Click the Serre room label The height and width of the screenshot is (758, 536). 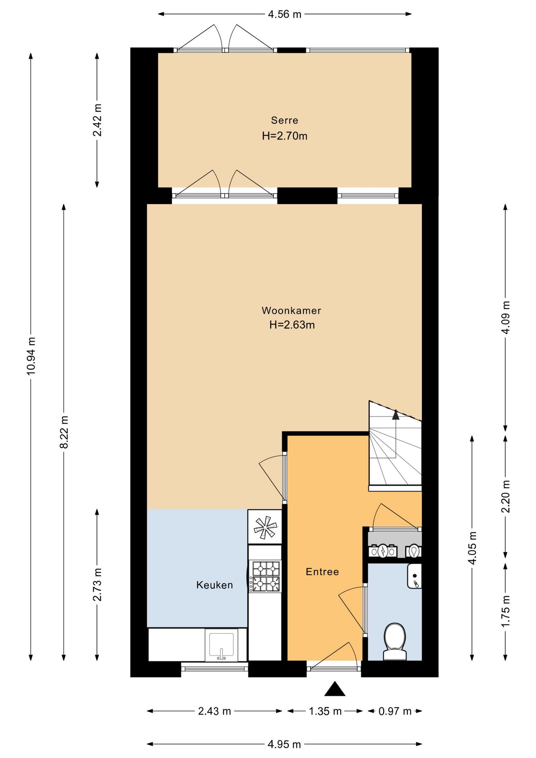pyautogui.click(x=284, y=120)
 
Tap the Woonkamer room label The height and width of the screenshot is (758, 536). pyautogui.click(x=291, y=310)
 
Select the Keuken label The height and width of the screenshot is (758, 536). pyautogui.click(x=214, y=585)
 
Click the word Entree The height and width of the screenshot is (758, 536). pyautogui.click(x=322, y=572)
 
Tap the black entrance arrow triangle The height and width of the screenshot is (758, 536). pyautogui.click(x=335, y=689)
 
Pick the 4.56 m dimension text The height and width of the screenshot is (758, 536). pyautogui.click(x=285, y=14)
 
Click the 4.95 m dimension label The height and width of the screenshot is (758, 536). pyautogui.click(x=284, y=744)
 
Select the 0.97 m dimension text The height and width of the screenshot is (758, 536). pyautogui.click(x=395, y=711)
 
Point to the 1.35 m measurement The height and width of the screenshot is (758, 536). pyautogui.click(x=325, y=711)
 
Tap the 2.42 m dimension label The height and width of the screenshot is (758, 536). pyautogui.click(x=97, y=120)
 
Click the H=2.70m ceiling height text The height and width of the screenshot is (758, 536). pyautogui.click(x=285, y=136)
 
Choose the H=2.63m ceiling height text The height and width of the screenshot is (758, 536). pyautogui.click(x=292, y=325)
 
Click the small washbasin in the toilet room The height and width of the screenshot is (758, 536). pyautogui.click(x=414, y=576)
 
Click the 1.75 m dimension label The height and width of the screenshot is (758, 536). pyautogui.click(x=506, y=611)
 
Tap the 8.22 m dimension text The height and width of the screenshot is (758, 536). pyautogui.click(x=64, y=432)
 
